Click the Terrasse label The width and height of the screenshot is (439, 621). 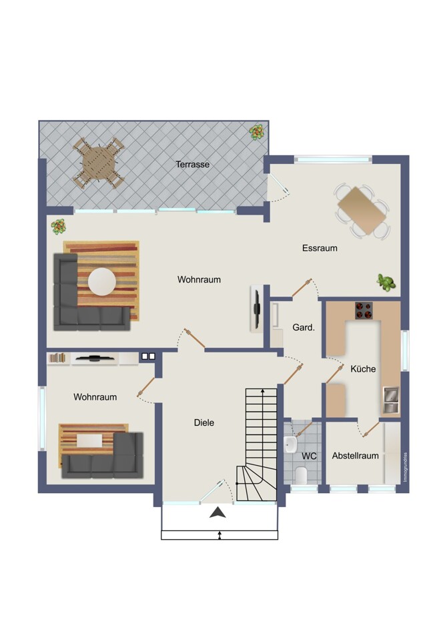pyautogui.click(x=192, y=164)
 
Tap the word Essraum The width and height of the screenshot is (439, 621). pyautogui.click(x=320, y=248)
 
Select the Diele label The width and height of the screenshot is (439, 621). pyautogui.click(x=204, y=422)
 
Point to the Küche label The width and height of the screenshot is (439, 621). pyautogui.click(x=363, y=368)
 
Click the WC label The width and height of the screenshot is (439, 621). pyautogui.click(x=309, y=456)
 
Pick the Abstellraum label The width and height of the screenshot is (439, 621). pyautogui.click(x=355, y=456)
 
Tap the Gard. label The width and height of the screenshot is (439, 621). pyautogui.click(x=304, y=327)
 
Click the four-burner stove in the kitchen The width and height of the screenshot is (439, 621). pyautogui.click(x=364, y=310)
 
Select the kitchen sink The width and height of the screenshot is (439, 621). pyautogui.click(x=390, y=400)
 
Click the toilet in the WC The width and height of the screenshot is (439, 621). pyautogui.click(x=302, y=474)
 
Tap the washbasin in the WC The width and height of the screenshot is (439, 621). pyautogui.click(x=290, y=444)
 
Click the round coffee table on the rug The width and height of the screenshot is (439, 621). pyautogui.click(x=102, y=282)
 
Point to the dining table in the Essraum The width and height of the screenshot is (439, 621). pyautogui.click(x=362, y=211)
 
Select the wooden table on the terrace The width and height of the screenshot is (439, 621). pyautogui.click(x=98, y=163)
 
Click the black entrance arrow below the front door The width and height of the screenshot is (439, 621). pyautogui.click(x=217, y=512)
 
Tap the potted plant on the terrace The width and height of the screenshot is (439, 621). pyautogui.click(x=257, y=132)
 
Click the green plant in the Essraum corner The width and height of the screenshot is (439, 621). pyautogui.click(x=386, y=283)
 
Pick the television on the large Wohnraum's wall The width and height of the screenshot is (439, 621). pyautogui.click(x=257, y=308)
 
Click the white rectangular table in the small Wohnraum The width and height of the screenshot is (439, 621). pyautogui.click(x=89, y=440)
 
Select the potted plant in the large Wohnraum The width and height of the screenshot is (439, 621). pyautogui.click(x=59, y=227)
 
